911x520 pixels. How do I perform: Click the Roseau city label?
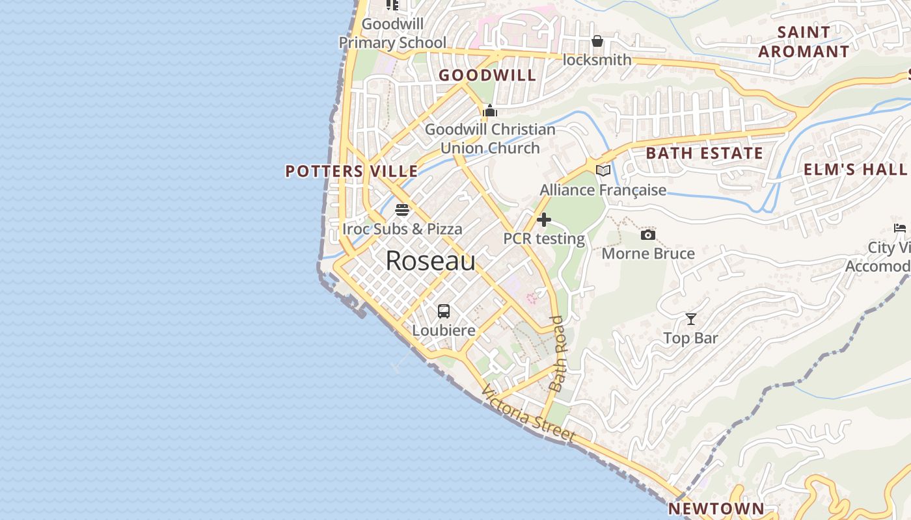430,261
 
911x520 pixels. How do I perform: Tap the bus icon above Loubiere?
444,311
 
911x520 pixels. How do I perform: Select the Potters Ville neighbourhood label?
351,171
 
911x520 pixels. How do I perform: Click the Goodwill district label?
487,75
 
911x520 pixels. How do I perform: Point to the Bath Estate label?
704,153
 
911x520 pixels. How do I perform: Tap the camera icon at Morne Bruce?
648,235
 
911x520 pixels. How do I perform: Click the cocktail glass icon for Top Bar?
691,318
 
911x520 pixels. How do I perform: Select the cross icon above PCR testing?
544,220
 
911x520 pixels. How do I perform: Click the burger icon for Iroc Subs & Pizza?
402,210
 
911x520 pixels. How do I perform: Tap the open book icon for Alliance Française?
603,170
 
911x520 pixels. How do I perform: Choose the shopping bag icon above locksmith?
597,41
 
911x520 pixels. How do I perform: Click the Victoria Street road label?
528,413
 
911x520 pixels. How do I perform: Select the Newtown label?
716,508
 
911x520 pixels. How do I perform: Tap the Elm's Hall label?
855,170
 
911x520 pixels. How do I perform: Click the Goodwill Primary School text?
392,34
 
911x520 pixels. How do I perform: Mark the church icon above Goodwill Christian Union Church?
490,110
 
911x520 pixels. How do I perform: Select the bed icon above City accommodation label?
900,227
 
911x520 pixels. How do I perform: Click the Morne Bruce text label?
648,253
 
